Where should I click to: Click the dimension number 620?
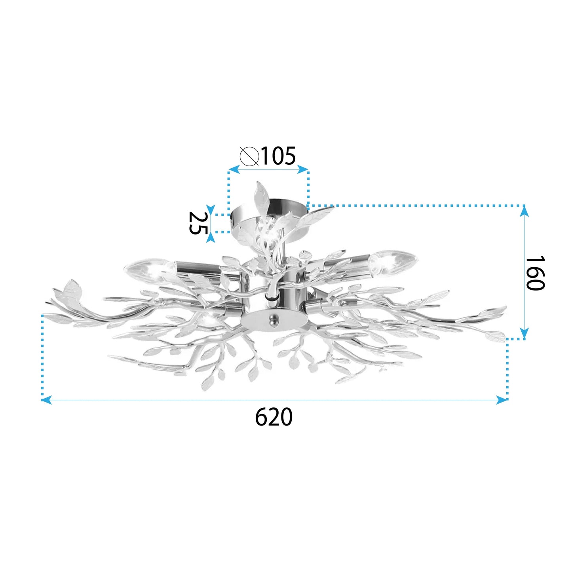click(x=274, y=417)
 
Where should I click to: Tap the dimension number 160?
click(x=535, y=273)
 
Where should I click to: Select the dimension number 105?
click(x=278, y=156)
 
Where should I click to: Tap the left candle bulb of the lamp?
click(x=149, y=270)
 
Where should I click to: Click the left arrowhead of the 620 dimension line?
click(x=46, y=400)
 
